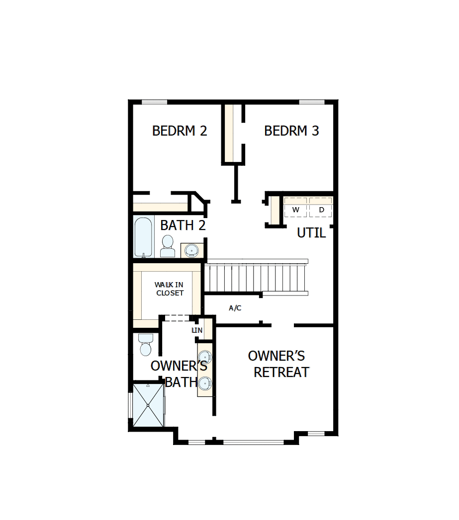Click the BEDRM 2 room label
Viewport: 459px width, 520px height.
(180, 131)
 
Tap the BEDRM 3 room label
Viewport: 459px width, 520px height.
(291, 131)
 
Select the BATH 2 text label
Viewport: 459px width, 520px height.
(183, 225)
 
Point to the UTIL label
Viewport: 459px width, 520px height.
(311, 232)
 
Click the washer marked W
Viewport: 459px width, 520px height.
(296, 210)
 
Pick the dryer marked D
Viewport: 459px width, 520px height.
(321, 210)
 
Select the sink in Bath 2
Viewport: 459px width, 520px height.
(191, 249)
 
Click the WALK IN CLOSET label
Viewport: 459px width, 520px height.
(169, 289)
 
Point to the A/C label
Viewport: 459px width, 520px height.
(235, 308)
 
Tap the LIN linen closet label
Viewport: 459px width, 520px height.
(197, 330)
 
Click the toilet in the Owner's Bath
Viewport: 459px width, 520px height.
(146, 345)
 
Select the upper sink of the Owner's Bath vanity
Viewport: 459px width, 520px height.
(205, 358)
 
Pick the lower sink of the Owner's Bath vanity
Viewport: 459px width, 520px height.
(205, 383)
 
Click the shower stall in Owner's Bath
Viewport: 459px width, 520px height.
(148, 405)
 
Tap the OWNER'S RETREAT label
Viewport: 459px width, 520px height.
(278, 364)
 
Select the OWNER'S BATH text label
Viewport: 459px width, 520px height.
(179, 373)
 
